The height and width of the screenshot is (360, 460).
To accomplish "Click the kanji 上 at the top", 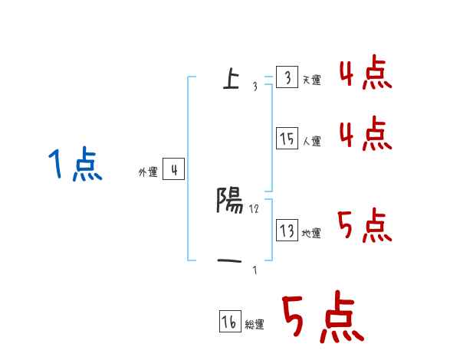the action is point(230,78).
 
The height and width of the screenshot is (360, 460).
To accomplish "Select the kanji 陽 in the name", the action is point(230,201).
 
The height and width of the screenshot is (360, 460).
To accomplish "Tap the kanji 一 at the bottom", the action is point(230,262).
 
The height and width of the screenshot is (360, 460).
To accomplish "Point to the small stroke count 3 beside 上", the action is point(255,86).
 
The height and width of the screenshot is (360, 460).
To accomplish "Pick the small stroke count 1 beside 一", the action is point(255,270).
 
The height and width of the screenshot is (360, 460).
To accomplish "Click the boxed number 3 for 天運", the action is point(287,78).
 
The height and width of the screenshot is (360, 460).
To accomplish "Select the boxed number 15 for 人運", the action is point(287,139).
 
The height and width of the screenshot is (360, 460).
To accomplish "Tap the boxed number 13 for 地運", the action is point(287,231).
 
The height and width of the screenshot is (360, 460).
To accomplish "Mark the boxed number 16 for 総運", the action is point(229,322).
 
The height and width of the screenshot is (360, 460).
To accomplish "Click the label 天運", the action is point(311,80).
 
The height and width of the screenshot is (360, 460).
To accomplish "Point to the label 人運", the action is point(311,142).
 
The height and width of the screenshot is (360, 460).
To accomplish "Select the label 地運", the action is point(311,234).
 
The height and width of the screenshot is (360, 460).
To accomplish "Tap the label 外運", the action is point(147,173).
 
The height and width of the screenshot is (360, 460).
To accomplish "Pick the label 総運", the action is point(255,326).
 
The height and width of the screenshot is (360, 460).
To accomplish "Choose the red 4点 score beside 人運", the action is point(364,133).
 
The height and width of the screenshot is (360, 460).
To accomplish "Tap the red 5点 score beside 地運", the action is point(364,226).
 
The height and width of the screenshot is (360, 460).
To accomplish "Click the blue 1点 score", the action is point(74,165).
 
